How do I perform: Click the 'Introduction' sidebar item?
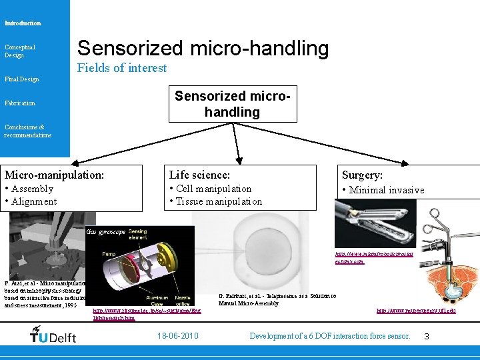point(23,23)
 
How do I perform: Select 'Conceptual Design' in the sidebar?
point(20,51)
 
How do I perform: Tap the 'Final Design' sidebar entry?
point(21,79)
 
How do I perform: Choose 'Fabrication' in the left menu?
point(20,103)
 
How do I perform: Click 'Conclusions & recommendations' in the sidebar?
point(27,131)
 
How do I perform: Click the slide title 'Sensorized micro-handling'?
point(203,48)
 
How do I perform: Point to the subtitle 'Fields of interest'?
point(122,68)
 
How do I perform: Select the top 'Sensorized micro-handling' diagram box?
point(232,104)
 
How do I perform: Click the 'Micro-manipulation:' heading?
point(55,175)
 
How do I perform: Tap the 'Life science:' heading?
point(199,175)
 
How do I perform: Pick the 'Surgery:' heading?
point(362,175)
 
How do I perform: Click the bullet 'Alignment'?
point(33,201)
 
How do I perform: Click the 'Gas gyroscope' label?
point(106,232)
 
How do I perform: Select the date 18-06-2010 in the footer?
point(177,336)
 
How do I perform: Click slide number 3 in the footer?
point(427,337)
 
